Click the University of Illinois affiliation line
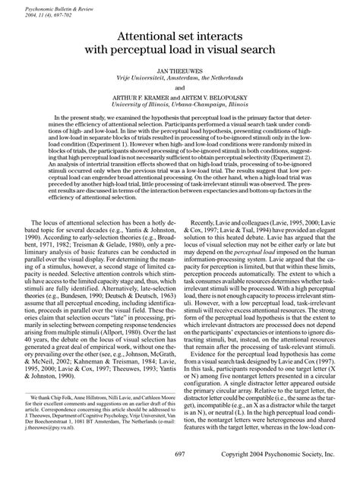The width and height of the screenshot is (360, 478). coord(180,105)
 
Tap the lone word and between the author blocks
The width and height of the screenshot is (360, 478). coord(180,87)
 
